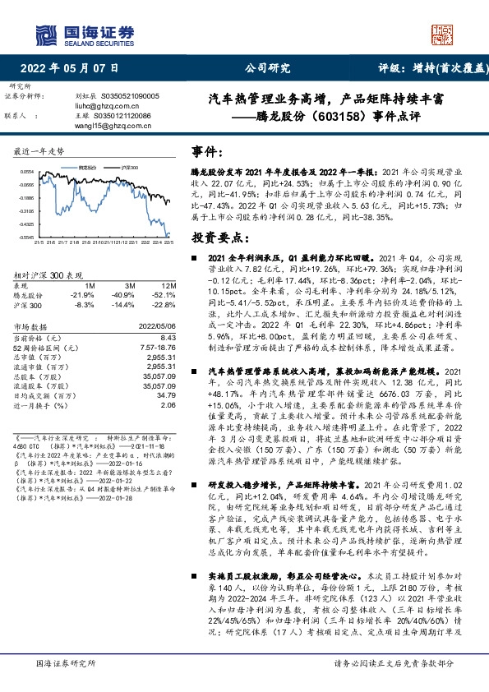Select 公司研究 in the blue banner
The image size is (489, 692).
(267, 68)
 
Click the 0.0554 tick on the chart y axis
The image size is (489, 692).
(26, 172)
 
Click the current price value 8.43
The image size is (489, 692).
(168, 337)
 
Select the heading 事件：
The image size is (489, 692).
(208, 152)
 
